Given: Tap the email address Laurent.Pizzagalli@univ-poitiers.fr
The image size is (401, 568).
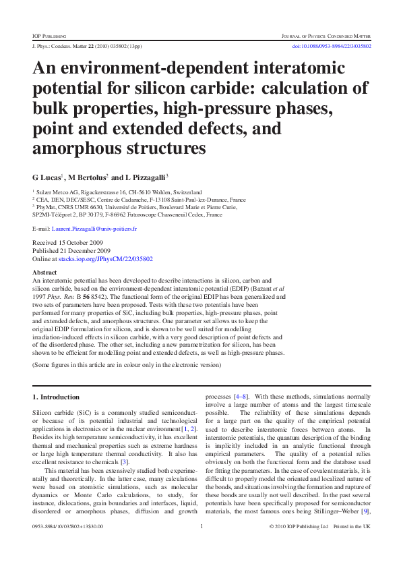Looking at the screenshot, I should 94,229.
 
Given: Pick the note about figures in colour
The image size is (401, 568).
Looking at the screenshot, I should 127,365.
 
